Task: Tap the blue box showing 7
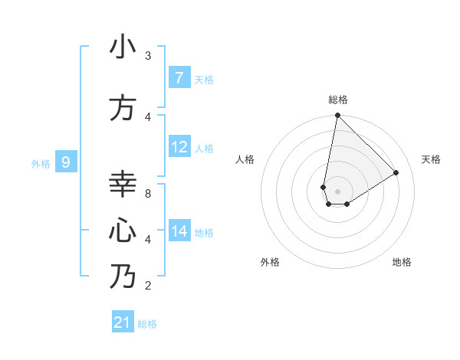[x=179, y=78]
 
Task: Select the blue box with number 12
[x=179, y=147]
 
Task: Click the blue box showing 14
[x=179, y=231]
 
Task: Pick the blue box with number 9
[x=66, y=162]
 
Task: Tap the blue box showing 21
[x=123, y=322]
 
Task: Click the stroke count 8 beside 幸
[x=148, y=194]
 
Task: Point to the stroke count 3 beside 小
[x=148, y=56]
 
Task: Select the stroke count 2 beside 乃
[x=148, y=286]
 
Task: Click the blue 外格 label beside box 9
[x=40, y=163]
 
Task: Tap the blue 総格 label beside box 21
[x=147, y=324]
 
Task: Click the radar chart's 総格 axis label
[x=338, y=100]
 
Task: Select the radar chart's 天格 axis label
[x=431, y=159]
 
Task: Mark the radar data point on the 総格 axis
[x=337, y=116]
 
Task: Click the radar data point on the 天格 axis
[x=396, y=172]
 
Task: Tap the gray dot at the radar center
[x=337, y=191]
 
